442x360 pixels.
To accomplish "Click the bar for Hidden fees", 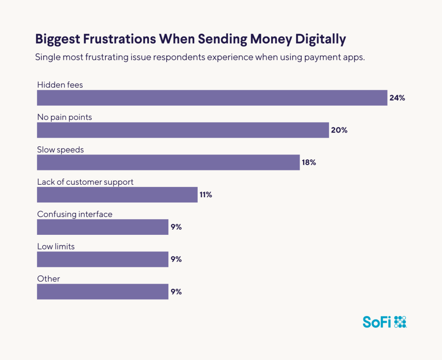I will tap(212, 98).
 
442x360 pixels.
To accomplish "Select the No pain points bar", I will tap(183, 130).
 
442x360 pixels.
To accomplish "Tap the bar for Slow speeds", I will tap(168, 162).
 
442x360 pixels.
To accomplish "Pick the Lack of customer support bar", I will tap(117, 195).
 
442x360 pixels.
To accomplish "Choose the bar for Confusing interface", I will tap(103, 227).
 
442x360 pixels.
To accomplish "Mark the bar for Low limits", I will tap(103, 259).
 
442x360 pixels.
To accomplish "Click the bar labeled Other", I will tap(103, 292).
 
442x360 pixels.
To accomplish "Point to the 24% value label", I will tap(397, 98).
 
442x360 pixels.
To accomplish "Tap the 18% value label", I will tap(309, 163).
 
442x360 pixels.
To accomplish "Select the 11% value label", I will tap(205, 195).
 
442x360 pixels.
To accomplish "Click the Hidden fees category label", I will tap(60, 85).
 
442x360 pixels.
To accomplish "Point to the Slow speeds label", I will tap(60, 150).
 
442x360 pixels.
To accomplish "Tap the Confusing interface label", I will tap(75, 214).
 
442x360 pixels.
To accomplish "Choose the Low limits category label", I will tap(56, 246).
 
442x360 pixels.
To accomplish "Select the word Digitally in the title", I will tap(320, 39).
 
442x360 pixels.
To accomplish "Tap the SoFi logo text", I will tap(377, 322).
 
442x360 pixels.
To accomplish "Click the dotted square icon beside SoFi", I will tap(401, 322).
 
